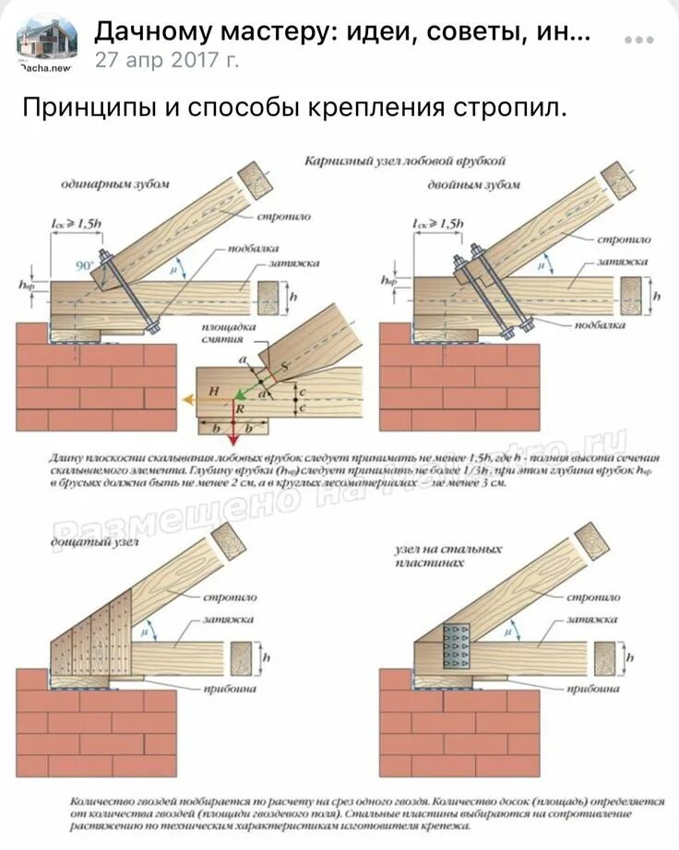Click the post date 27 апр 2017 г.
(166, 61)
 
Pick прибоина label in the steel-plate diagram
(591, 688)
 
